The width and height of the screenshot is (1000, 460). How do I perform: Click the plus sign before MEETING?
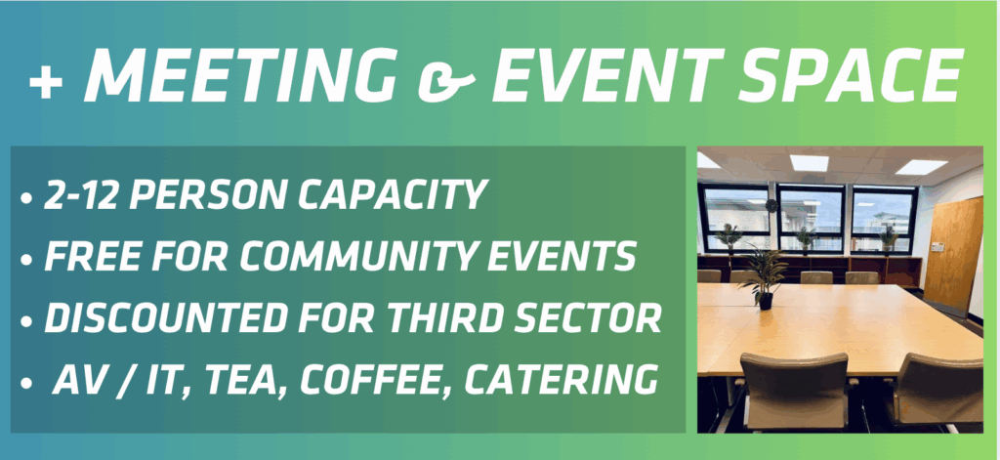coord(45,83)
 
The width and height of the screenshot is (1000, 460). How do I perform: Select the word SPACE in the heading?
coord(852,74)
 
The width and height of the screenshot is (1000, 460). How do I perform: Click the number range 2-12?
coord(82,194)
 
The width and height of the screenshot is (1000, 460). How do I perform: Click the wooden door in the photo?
coord(953,255)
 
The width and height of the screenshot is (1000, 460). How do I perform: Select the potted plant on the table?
coord(765,276)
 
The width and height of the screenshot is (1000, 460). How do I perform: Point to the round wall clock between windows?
coord(771,205)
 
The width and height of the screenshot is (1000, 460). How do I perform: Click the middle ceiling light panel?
coord(810,162)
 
